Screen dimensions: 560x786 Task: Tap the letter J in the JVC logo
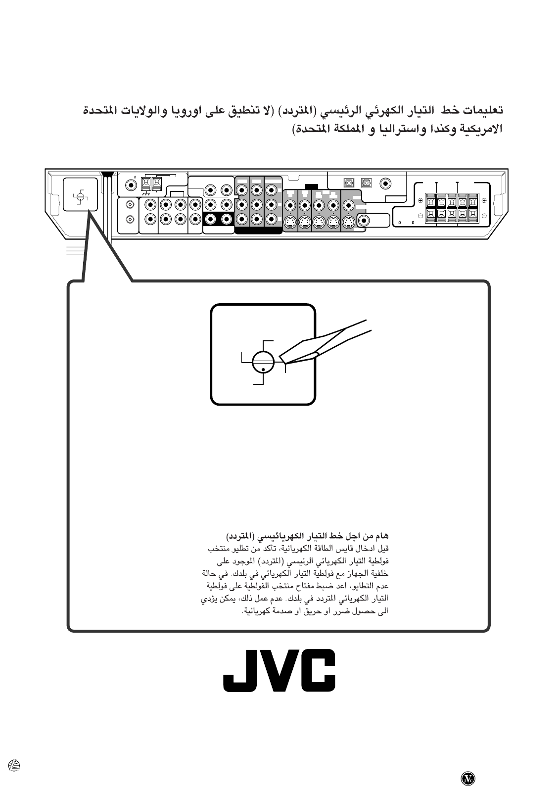click(x=241, y=670)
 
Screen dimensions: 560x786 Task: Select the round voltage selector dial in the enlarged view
click(x=263, y=363)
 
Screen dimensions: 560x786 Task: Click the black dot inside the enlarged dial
click(x=264, y=369)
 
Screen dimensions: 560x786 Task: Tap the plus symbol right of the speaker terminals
click(x=484, y=200)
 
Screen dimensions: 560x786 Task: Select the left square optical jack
click(x=349, y=183)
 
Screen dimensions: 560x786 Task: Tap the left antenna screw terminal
click(x=146, y=184)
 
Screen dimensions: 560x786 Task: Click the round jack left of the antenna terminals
click(x=131, y=185)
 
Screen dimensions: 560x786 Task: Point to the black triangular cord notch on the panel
click(x=108, y=175)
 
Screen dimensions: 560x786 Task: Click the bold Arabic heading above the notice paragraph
click(x=308, y=537)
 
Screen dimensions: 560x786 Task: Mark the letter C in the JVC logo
click(x=317, y=670)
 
